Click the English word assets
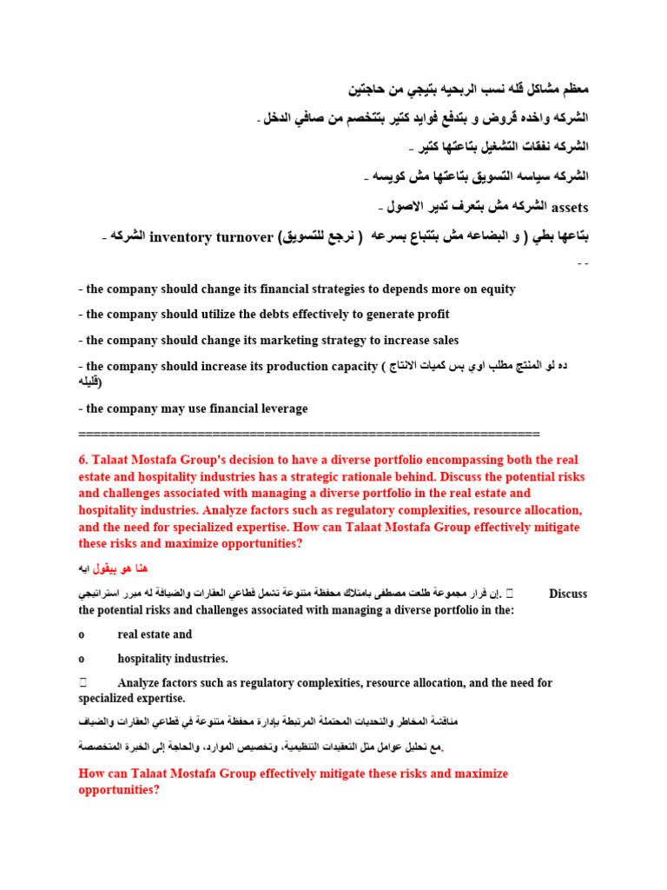pos(570,207)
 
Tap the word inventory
pos(180,236)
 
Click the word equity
pos(497,289)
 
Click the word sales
pos(440,340)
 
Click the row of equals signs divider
pos(308,433)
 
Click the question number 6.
pos(83,460)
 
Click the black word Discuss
pos(568,594)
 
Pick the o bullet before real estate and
pos(81,634)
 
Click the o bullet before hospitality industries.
pos(81,659)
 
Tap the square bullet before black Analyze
pos(82,683)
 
